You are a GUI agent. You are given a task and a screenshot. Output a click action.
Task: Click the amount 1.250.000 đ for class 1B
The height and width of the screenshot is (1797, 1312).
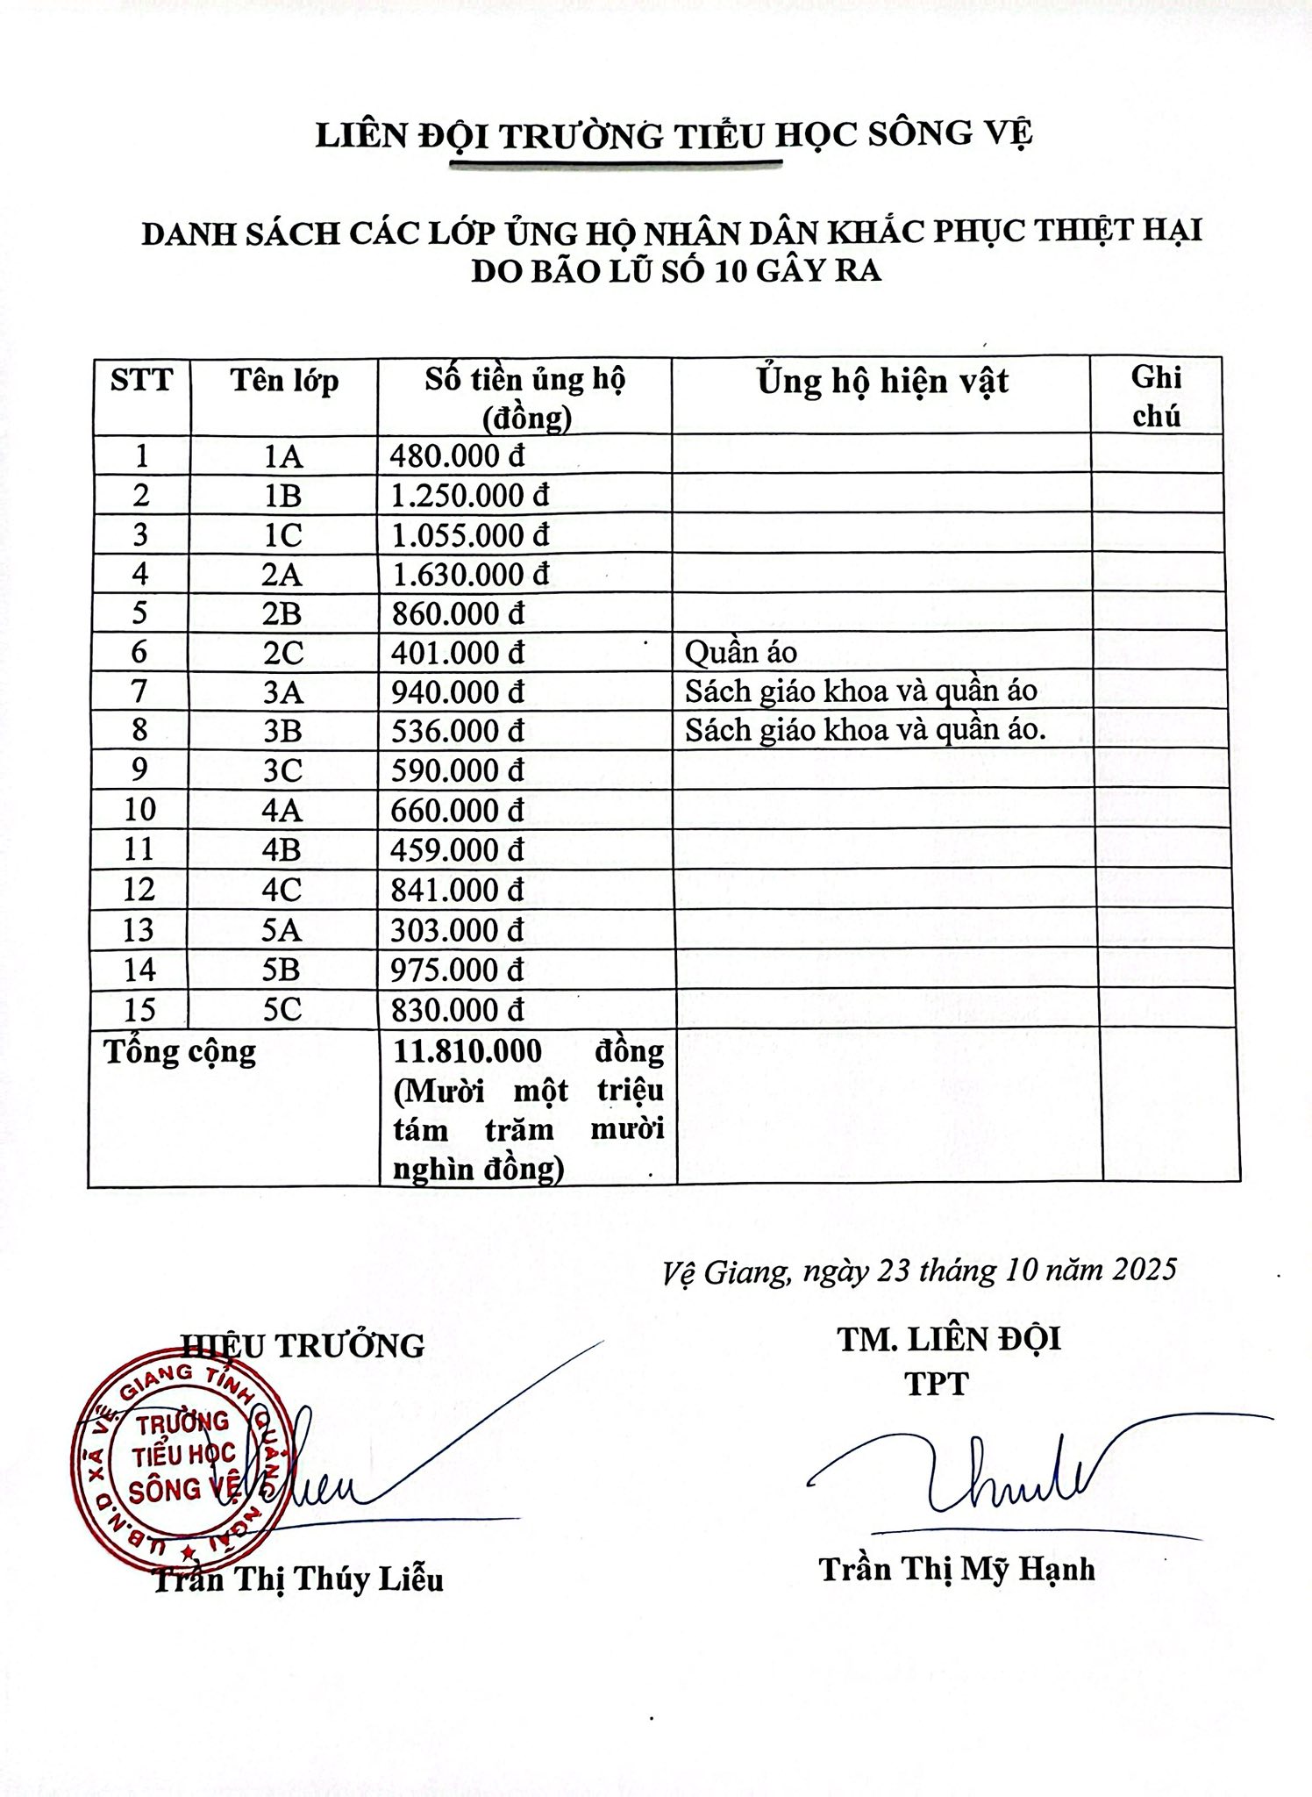click(x=470, y=496)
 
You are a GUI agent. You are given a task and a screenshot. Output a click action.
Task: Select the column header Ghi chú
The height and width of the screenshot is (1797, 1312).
click(x=1156, y=397)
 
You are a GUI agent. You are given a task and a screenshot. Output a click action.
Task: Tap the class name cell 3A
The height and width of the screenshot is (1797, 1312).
click(x=282, y=692)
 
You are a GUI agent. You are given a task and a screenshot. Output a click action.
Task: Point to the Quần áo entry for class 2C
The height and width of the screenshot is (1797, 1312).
click(x=741, y=652)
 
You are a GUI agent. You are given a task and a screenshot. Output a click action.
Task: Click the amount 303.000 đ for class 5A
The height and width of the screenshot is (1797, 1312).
click(x=457, y=930)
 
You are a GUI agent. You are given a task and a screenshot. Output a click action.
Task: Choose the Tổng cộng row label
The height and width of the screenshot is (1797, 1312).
click(x=181, y=1051)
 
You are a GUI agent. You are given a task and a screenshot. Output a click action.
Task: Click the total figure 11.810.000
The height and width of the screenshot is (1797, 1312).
click(x=467, y=1050)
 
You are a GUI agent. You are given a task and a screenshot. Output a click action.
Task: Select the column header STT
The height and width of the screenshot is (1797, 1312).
click(x=141, y=381)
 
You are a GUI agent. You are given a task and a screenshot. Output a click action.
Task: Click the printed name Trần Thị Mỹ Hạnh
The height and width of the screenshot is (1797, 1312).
click(x=957, y=1569)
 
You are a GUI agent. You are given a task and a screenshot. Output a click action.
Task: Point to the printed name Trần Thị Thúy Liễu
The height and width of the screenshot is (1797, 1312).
click(x=298, y=1579)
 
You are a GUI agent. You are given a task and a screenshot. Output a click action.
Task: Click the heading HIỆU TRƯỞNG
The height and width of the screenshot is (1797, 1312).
click(x=303, y=1345)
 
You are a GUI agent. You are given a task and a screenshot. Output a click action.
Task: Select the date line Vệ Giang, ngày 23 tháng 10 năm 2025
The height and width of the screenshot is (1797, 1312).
click(x=919, y=1270)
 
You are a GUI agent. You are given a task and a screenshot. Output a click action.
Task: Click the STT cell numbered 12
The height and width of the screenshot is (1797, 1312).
click(x=139, y=890)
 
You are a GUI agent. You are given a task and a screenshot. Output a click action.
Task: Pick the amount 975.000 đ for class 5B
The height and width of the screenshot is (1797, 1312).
click(x=457, y=970)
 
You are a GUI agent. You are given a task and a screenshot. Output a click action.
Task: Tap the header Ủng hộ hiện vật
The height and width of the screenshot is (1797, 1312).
click(x=883, y=382)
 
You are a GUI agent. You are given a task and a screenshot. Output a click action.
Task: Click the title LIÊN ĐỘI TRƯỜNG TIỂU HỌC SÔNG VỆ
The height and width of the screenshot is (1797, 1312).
click(x=674, y=134)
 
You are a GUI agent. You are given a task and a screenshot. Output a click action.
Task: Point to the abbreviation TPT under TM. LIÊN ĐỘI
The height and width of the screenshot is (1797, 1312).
click(x=937, y=1384)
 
